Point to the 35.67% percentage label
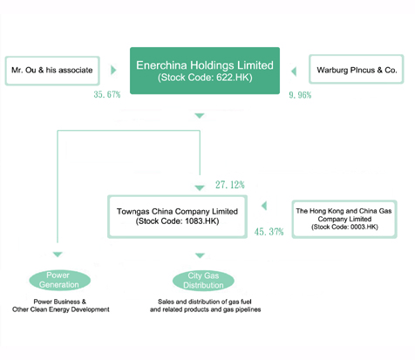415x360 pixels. coord(103,93)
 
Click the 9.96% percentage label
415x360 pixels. coord(300,93)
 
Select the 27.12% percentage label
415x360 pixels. coord(230,185)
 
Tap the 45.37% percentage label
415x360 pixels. coord(269,232)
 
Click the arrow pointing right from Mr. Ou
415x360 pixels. coord(113,69)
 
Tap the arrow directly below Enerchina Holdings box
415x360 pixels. coord(200,115)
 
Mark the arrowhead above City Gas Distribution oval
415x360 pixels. coord(200,255)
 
